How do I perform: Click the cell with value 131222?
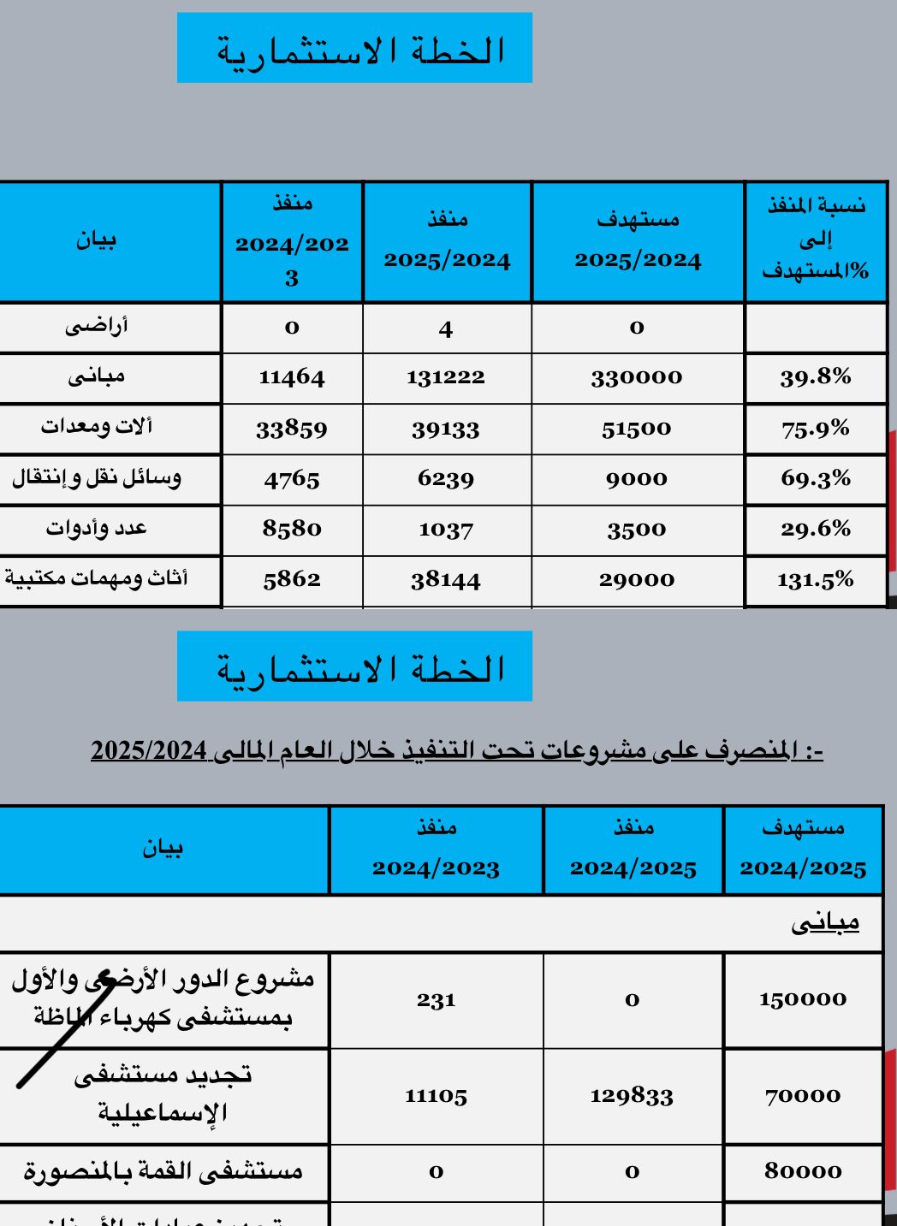click(446, 377)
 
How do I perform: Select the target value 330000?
click(637, 377)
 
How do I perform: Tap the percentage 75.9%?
click(815, 429)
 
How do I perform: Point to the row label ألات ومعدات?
click(97, 426)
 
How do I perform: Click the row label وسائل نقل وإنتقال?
click(97, 477)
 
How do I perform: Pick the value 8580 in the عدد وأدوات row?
click(292, 529)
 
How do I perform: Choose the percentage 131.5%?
click(815, 580)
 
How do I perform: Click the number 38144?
click(446, 581)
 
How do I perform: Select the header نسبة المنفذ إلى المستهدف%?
click(815, 239)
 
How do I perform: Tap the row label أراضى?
click(97, 326)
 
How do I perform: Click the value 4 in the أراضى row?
click(446, 329)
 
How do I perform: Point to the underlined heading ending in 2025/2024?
click(457, 751)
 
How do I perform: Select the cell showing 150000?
click(803, 999)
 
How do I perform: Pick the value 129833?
click(632, 1096)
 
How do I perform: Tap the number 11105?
click(436, 1096)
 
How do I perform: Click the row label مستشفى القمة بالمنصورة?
click(163, 1171)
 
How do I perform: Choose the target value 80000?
click(803, 1171)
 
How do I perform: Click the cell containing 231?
click(436, 999)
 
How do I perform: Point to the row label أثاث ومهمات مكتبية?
click(97, 579)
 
